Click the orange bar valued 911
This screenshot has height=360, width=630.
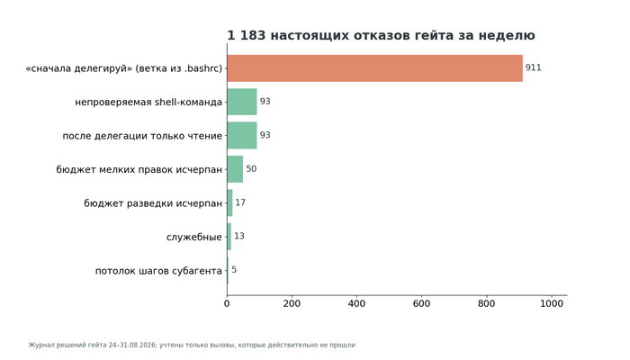point(375,68)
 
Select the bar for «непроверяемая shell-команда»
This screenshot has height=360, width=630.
point(242,102)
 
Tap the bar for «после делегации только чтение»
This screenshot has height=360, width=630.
point(242,135)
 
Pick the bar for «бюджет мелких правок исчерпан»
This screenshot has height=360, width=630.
point(235,169)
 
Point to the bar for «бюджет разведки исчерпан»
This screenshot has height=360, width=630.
point(229,202)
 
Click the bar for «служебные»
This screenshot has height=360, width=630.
point(229,237)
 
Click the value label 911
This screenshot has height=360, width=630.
point(533,67)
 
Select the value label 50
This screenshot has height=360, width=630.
point(251,169)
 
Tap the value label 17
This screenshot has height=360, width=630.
point(240,202)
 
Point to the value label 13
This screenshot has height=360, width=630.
point(239,236)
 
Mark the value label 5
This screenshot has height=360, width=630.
point(234,270)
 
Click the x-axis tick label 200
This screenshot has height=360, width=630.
point(292,304)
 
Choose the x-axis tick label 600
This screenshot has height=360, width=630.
point(421,304)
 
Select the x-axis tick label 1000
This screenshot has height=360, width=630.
point(552,304)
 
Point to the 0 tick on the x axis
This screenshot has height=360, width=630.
point(227,304)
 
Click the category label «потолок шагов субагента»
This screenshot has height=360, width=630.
point(158,271)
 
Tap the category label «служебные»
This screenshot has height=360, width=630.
point(194,237)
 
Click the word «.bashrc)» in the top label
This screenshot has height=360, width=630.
point(203,68)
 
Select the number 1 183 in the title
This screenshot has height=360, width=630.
point(247,35)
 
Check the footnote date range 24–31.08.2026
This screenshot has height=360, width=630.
point(132,345)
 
